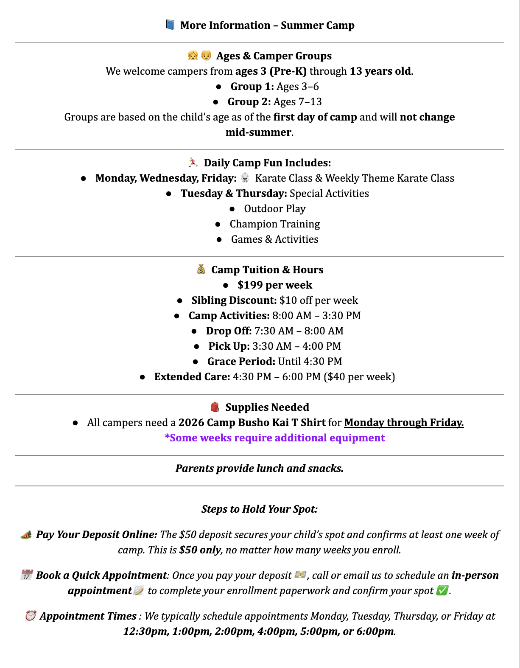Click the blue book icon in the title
pos(170,25)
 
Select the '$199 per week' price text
pos(275,285)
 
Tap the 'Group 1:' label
pos(252,87)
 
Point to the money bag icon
pos(201,269)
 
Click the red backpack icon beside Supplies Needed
pos(215,407)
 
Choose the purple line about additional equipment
pos(275,438)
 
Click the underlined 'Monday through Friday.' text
pos(404,423)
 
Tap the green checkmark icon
pos(442,590)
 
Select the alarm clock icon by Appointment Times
pos(31,616)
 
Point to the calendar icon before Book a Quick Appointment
pos(26,575)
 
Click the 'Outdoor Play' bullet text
pos(274,209)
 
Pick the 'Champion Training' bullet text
pos(274,224)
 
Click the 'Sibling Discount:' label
pos(234,300)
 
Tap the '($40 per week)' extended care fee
pos(359,377)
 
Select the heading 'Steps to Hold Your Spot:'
pos(260,509)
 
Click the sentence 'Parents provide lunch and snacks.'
pos(260,469)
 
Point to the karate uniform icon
pos(245,178)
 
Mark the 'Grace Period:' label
pos(241,362)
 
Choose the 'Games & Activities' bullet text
pos(274,239)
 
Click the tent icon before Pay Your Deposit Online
pos(26,534)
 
